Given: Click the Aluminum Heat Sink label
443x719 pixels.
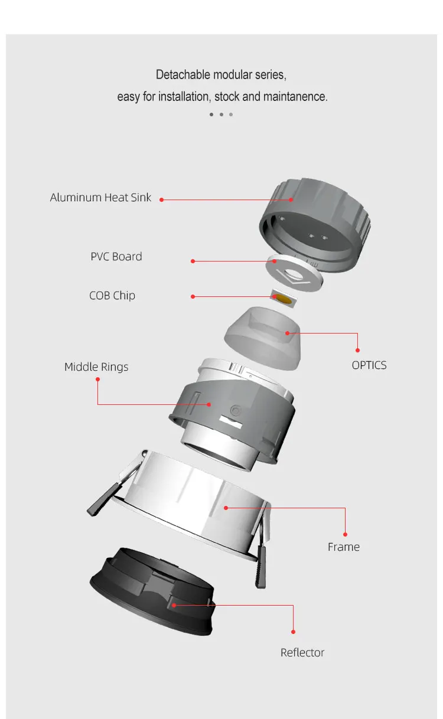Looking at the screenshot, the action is (x=100, y=197).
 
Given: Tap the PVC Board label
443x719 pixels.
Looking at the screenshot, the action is (x=116, y=256).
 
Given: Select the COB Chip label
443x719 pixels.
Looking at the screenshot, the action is (x=112, y=296).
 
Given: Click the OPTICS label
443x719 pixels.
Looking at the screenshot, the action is (x=369, y=365).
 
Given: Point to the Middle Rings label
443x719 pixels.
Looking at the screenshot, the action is (x=96, y=367).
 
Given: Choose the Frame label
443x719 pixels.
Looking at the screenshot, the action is (x=344, y=547).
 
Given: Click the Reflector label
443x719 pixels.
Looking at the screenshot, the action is (x=302, y=652).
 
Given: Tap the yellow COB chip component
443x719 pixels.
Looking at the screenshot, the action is (x=283, y=299).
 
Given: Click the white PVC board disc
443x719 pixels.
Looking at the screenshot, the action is (x=294, y=273).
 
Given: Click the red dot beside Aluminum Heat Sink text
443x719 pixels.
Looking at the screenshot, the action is (x=162, y=200).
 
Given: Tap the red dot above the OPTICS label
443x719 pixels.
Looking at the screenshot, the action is (x=357, y=350).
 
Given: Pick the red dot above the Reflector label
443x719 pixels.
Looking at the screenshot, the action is (x=293, y=632).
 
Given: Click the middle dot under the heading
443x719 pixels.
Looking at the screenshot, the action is (x=221, y=115).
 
